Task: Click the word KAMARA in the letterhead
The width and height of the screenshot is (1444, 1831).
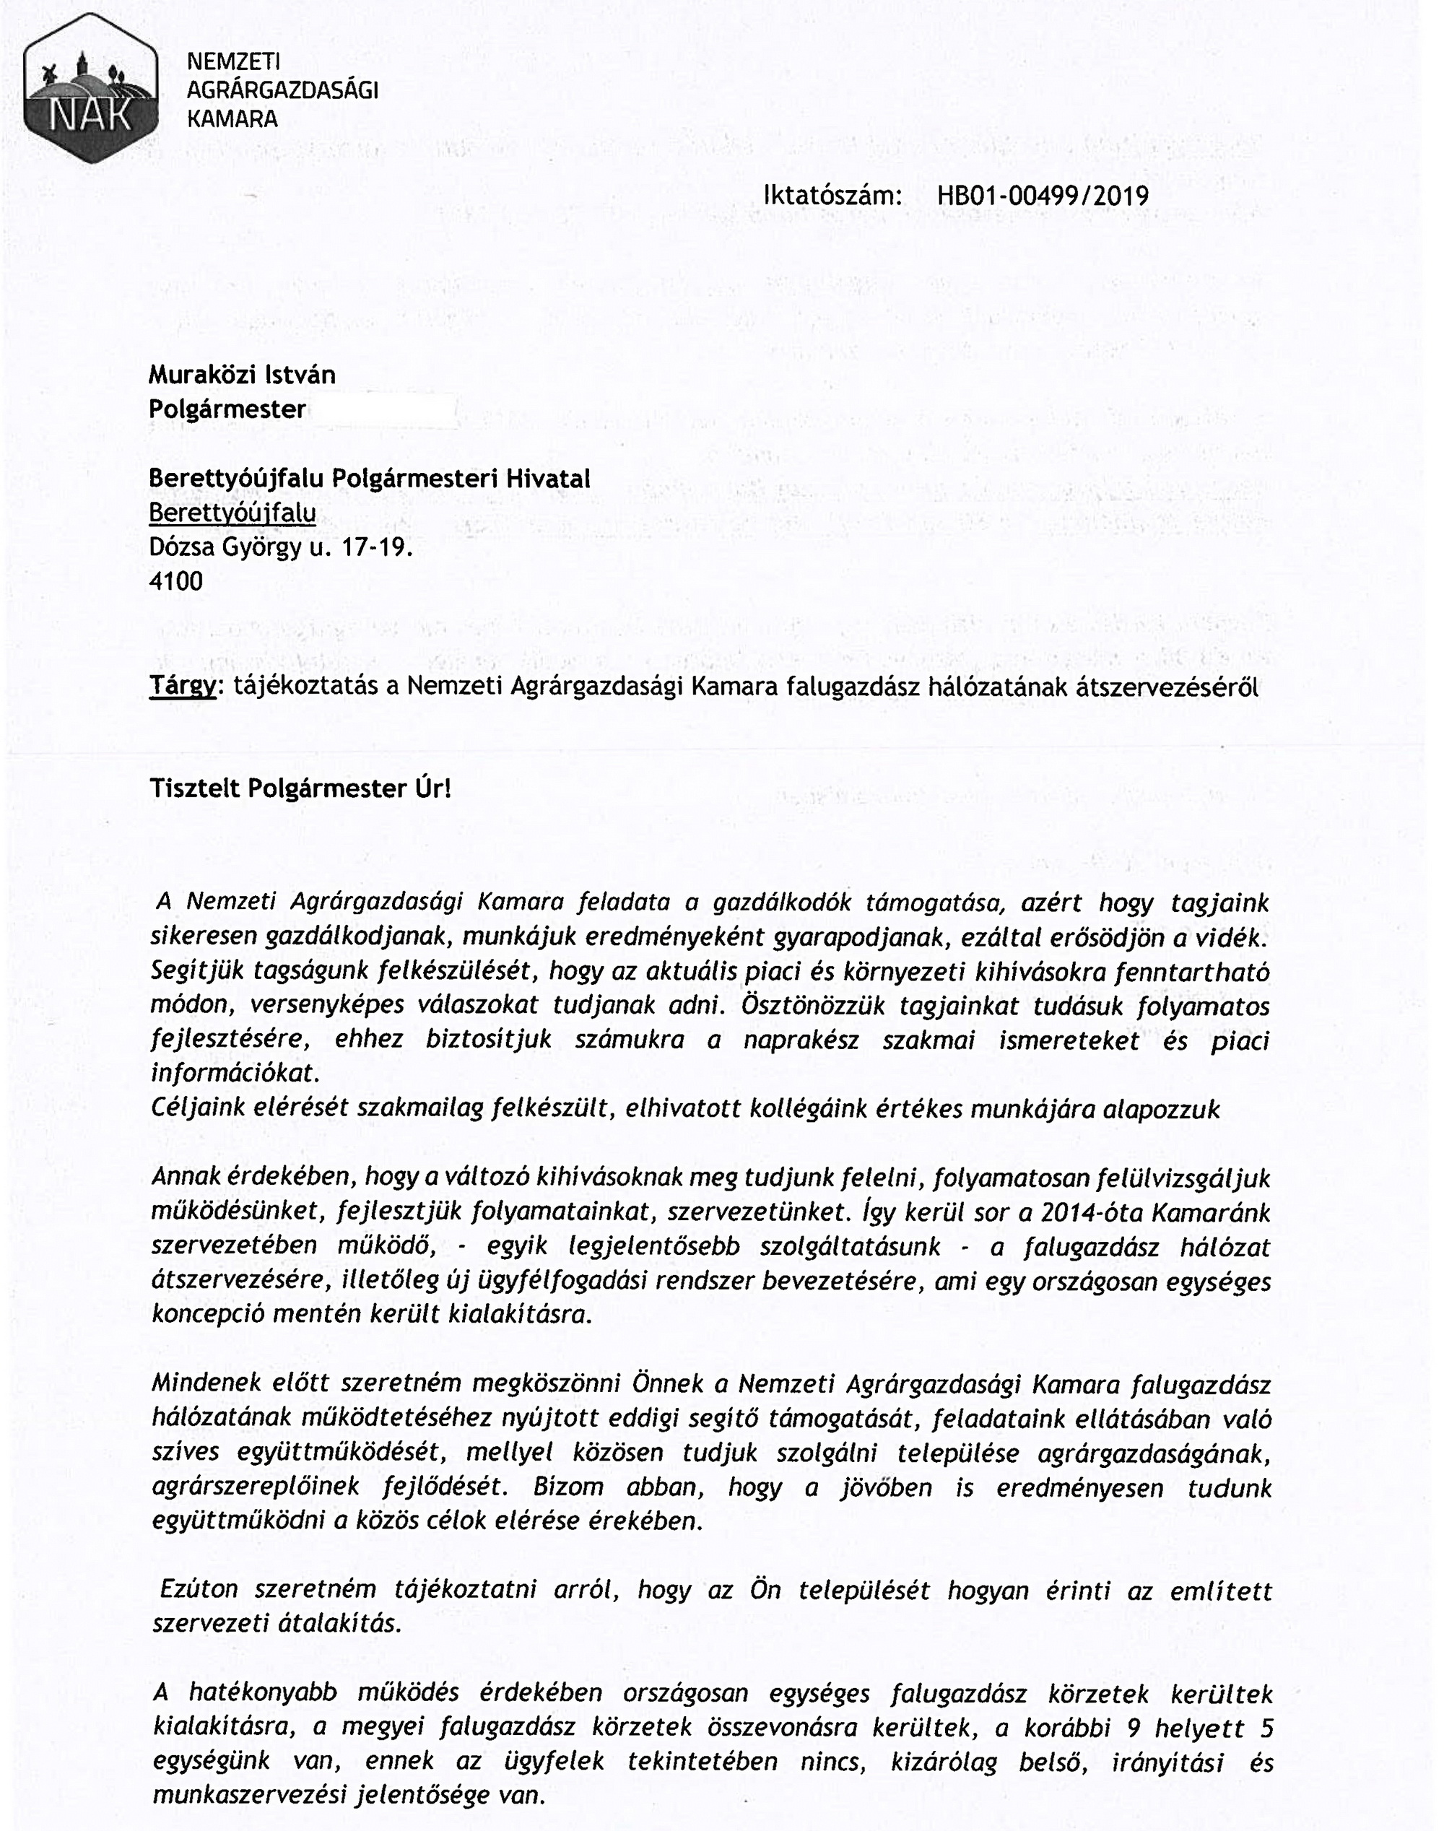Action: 232,119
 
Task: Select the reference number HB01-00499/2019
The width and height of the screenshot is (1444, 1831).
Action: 1043,196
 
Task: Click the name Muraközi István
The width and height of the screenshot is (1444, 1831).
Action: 242,375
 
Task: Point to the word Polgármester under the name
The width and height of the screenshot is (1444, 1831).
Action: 227,409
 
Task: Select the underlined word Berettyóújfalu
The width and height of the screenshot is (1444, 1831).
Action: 232,513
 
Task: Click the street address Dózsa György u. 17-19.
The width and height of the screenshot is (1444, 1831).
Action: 281,548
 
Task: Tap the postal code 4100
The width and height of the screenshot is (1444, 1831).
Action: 176,582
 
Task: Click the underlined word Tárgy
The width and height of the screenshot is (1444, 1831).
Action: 183,687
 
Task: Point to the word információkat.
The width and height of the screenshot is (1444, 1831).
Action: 236,1074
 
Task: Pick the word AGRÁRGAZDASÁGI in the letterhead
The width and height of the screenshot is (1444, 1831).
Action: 282,90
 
